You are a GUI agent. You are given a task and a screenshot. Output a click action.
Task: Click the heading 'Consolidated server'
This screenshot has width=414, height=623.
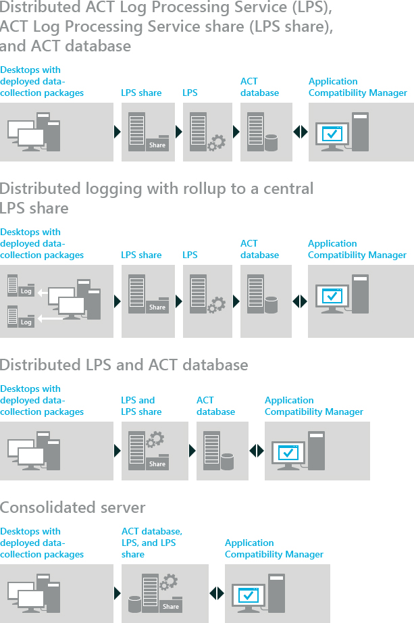72,507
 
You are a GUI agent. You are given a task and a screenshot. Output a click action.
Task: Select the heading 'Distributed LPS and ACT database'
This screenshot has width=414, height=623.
124,365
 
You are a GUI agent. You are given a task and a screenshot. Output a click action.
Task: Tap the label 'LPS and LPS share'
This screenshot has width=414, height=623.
141,405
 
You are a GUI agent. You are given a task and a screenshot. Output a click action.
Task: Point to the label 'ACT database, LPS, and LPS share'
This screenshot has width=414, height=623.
151,543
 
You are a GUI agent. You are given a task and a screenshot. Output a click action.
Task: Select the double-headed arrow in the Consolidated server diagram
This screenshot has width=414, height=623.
216,593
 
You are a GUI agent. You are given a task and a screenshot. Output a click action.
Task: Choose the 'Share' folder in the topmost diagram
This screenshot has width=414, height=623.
157,143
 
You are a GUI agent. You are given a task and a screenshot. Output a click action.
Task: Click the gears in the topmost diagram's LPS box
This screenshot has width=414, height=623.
216,142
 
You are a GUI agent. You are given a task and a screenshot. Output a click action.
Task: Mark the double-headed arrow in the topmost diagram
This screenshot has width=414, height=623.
300,131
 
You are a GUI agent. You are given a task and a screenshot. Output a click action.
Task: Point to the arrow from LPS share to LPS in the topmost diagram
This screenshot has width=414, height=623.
179,131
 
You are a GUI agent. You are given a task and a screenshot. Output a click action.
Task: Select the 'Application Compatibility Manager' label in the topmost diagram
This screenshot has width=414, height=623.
357,87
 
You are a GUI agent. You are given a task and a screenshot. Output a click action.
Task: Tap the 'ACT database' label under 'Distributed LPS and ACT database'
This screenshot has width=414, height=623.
215,405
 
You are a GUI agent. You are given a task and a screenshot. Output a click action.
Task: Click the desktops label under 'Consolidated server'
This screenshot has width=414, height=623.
42,543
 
